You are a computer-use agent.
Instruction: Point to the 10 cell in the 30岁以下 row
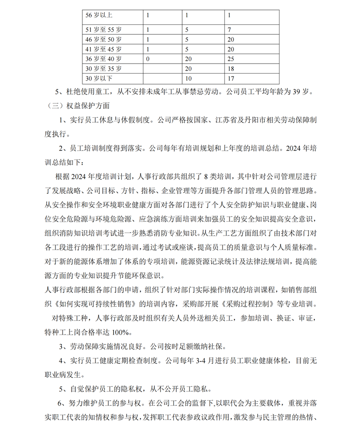pos(188,78)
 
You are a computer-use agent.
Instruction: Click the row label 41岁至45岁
pos(104,49)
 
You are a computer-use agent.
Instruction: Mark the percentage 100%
pos(120,332)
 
